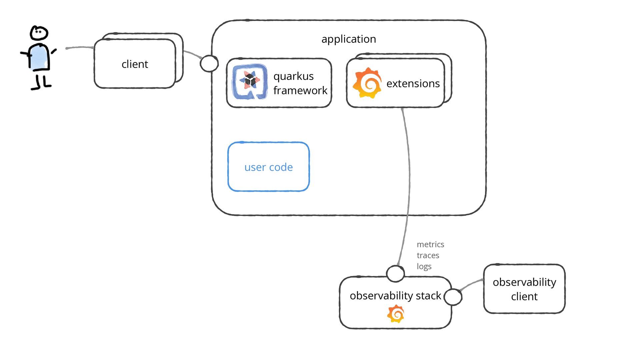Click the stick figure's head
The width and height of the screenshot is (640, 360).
pyautogui.click(x=39, y=33)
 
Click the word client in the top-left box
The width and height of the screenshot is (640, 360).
pyautogui.click(x=135, y=64)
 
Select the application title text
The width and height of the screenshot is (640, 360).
pyautogui.click(x=349, y=39)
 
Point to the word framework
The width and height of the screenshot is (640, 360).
pyautogui.click(x=300, y=90)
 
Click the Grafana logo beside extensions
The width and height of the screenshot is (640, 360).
pyautogui.click(x=367, y=83)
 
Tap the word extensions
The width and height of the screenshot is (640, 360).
pyautogui.click(x=413, y=83)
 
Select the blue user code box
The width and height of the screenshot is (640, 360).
pyautogui.click(x=269, y=167)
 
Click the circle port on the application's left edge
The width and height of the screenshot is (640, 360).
pyautogui.click(x=209, y=63)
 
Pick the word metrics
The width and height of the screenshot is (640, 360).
pyautogui.click(x=430, y=244)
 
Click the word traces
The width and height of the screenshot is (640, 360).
pyautogui.click(x=428, y=255)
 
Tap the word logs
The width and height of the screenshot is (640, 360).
pyautogui.click(x=424, y=266)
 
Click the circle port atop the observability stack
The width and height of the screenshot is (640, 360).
pyautogui.click(x=395, y=274)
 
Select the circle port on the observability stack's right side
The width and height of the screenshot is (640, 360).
pyautogui.click(x=453, y=297)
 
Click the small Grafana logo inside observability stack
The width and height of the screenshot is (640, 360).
pyautogui.click(x=396, y=314)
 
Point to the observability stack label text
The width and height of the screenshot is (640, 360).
pyautogui.click(x=395, y=296)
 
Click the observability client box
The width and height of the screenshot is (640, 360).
pyautogui.click(x=524, y=289)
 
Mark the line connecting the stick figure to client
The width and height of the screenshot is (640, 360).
pyautogui.click(x=80, y=48)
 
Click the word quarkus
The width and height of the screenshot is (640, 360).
pyautogui.click(x=293, y=76)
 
